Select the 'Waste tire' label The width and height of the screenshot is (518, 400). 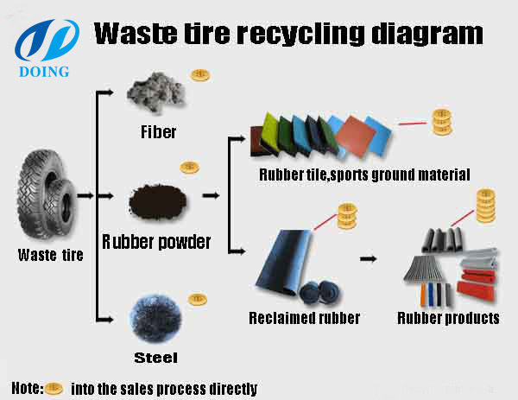pos(51,254)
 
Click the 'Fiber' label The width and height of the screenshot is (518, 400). pos(158,132)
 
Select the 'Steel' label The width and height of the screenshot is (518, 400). pos(156,356)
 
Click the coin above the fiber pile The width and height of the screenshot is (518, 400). pos(199,75)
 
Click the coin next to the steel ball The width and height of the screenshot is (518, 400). pos(198,300)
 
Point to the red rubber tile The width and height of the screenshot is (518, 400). pos(357,137)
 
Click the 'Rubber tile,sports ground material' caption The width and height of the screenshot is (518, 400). pos(363,175)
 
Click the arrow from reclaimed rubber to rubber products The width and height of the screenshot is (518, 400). pos(370,258)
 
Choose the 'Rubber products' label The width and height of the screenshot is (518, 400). pos(448,318)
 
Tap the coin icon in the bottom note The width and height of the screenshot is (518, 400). pos(54,388)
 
